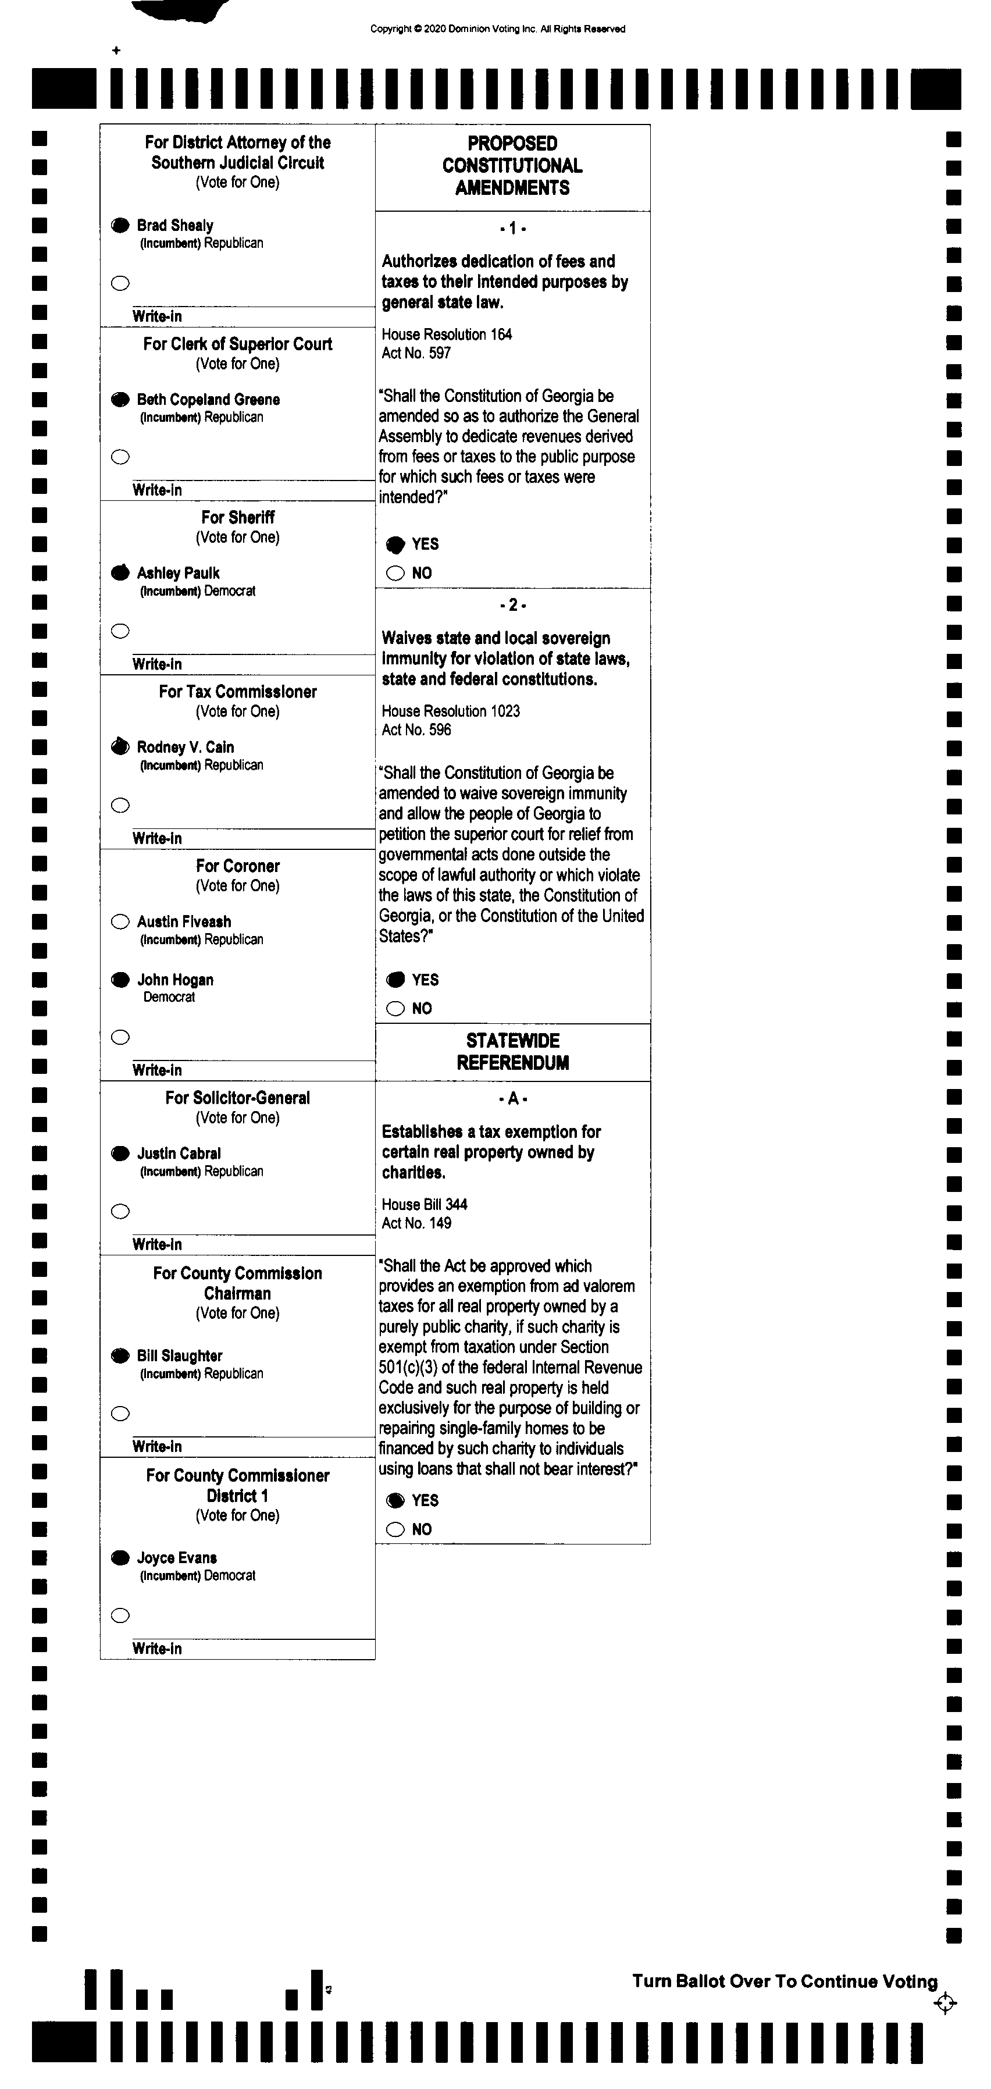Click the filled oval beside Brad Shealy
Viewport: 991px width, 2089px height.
(120, 226)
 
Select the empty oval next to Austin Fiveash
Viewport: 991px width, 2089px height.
(120, 921)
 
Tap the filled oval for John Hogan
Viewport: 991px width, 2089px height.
(120, 980)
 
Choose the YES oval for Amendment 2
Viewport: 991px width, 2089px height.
(395, 980)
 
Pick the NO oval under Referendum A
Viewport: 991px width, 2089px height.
(395, 1529)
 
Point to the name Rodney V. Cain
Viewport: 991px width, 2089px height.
(185, 747)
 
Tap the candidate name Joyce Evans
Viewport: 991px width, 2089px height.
(177, 1558)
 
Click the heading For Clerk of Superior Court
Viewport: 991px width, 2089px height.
(238, 344)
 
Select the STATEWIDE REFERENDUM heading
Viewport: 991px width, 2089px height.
(512, 1052)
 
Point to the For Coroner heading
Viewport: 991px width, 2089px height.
(238, 866)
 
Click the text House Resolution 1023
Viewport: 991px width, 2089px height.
(451, 711)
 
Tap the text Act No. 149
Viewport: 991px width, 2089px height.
(417, 1223)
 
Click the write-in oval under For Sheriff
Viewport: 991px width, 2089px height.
(120, 631)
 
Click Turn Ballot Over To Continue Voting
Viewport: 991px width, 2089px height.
(784, 1981)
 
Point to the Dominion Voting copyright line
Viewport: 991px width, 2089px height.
(498, 29)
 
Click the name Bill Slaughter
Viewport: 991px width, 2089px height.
(179, 1356)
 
